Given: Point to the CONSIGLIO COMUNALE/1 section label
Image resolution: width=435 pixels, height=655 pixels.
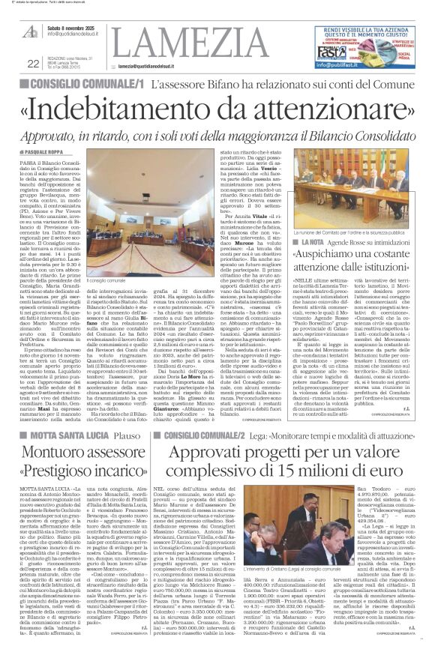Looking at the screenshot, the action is [x=84, y=85].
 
